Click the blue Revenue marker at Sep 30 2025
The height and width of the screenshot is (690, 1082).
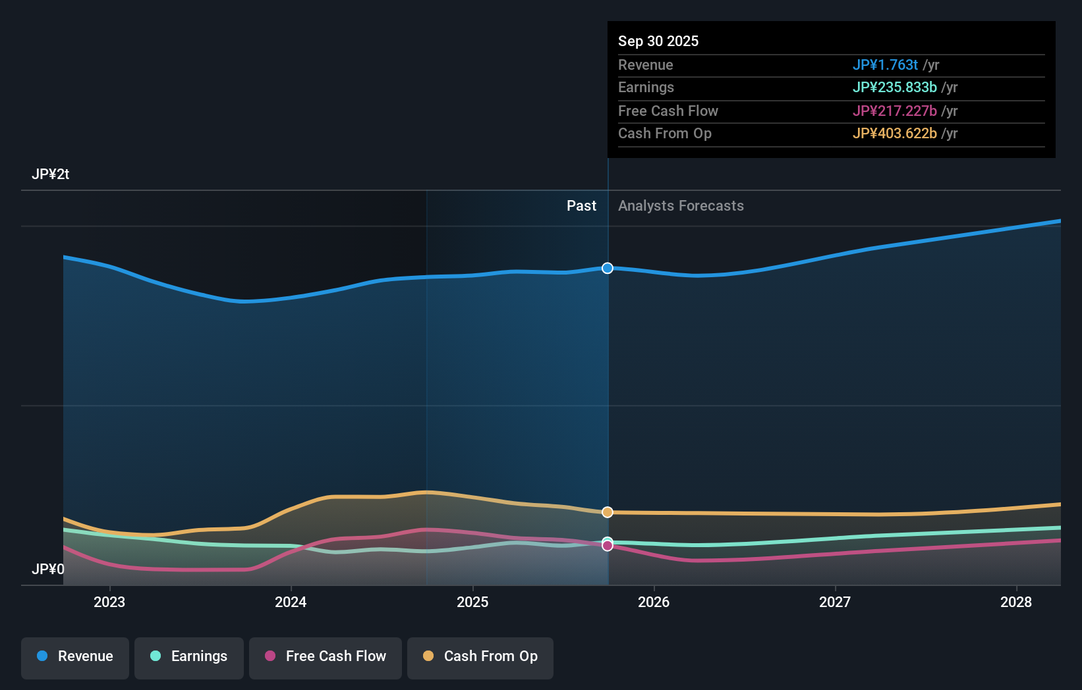pos(608,268)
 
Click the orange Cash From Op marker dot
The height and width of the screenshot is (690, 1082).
pos(608,512)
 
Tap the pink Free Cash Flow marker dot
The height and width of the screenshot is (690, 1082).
pos(608,546)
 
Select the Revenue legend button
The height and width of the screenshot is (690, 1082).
pos(75,656)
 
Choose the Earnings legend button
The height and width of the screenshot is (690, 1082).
pos(189,656)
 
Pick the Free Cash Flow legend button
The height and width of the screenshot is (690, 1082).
pos(326,656)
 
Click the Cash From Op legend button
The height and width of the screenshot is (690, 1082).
pos(480,656)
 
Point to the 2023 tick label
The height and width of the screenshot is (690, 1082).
pos(109,602)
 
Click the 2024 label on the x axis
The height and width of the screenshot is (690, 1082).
pos(291,602)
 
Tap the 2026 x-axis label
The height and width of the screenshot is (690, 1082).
pos(654,602)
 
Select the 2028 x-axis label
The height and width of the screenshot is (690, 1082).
pos(1016,602)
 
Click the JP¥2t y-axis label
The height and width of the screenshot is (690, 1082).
pos(51,174)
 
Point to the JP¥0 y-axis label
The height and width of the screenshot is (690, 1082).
pos(48,569)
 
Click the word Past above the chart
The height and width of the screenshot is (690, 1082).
pos(581,206)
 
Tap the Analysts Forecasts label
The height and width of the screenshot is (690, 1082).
pos(681,206)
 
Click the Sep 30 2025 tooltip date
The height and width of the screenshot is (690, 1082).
pos(658,41)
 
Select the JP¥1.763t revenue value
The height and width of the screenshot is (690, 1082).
pos(885,65)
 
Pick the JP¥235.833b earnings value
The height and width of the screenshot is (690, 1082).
pos(894,88)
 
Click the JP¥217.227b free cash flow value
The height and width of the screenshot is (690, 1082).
pos(894,111)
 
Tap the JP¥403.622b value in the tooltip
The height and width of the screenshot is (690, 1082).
pos(894,134)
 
